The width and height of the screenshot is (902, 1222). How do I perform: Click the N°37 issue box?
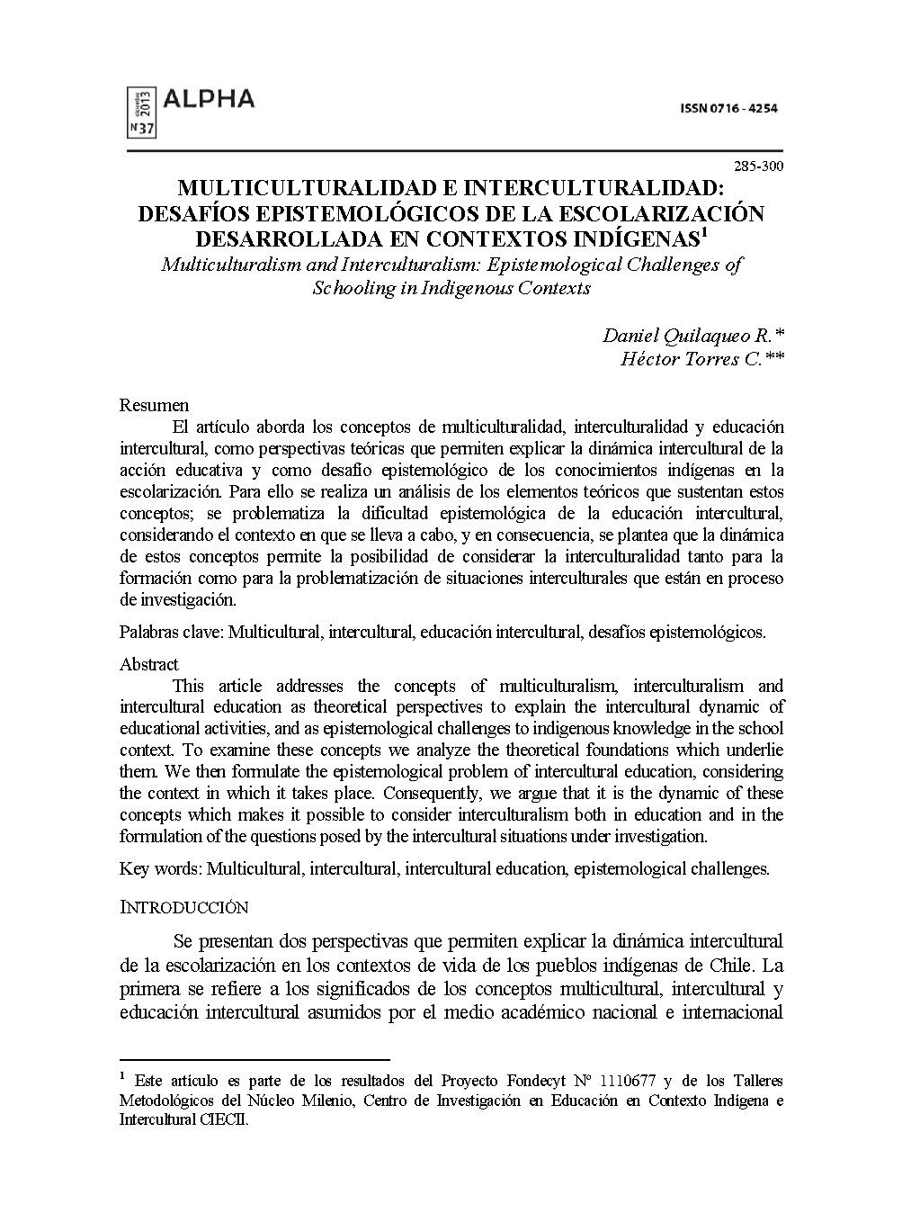(x=143, y=129)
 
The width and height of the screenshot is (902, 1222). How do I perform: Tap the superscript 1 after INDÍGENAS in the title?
(x=705, y=234)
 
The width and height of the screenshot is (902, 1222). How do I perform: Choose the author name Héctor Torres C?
(x=691, y=359)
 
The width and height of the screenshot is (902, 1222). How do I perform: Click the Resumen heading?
(x=154, y=405)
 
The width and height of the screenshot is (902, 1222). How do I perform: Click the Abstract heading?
(x=149, y=664)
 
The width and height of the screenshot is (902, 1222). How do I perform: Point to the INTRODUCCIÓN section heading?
(x=183, y=907)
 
